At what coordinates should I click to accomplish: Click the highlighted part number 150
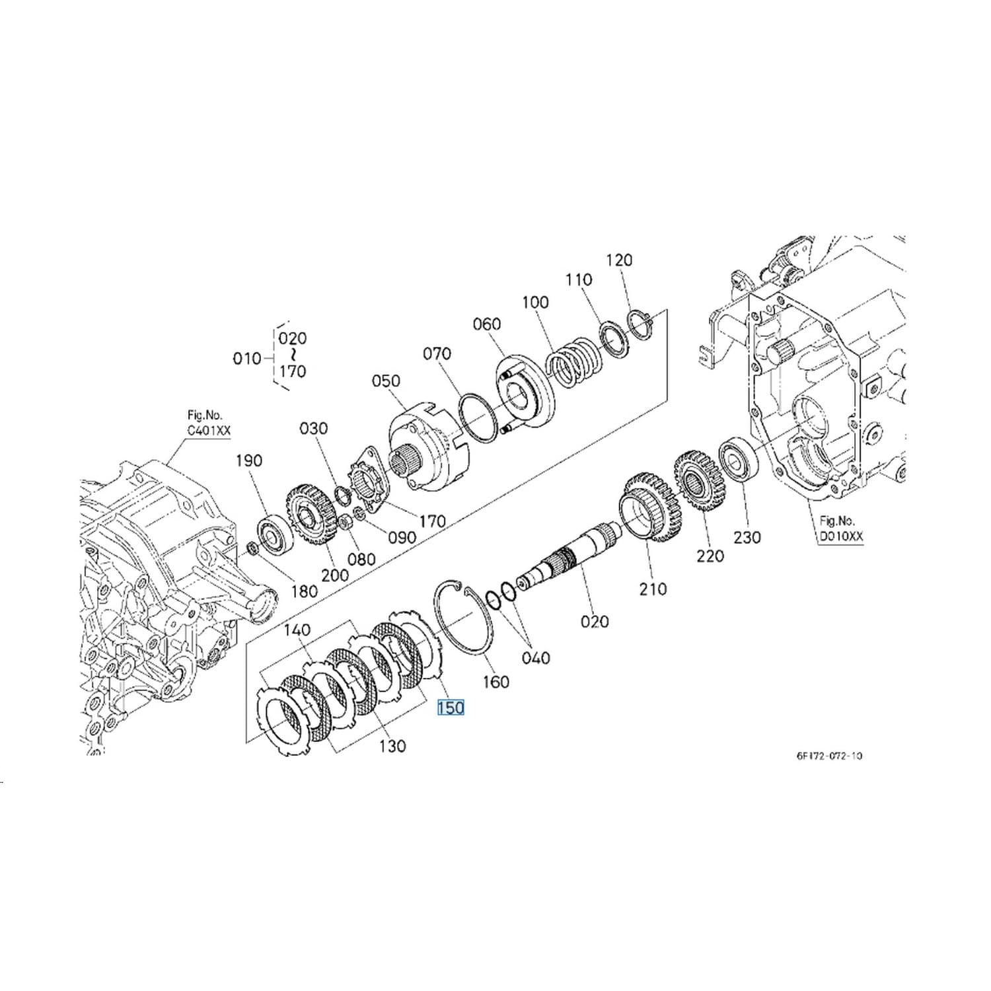pyautogui.click(x=451, y=708)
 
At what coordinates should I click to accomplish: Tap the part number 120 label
pyautogui.click(x=619, y=260)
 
